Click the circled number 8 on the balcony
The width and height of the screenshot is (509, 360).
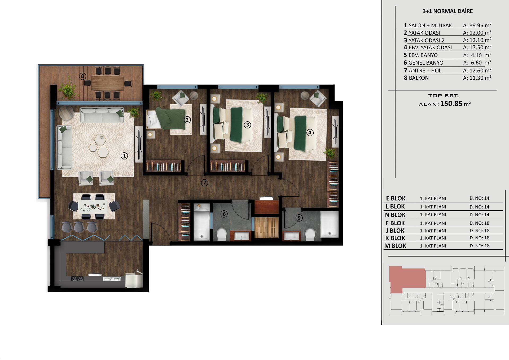tap(82, 76)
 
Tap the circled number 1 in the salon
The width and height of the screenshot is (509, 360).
tap(124, 156)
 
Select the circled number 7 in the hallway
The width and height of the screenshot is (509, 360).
tap(204, 183)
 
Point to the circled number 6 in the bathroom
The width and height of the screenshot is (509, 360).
tap(224, 214)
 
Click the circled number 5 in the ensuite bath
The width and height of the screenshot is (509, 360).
tap(299, 218)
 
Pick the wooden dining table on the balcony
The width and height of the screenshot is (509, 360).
tap(108, 83)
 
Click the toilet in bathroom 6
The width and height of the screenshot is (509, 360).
tap(221, 235)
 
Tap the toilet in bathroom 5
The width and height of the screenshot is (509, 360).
tap(310, 235)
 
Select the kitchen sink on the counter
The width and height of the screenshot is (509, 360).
tap(112, 279)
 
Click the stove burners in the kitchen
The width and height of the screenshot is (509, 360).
tap(77, 279)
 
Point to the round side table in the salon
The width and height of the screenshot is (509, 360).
tap(66, 112)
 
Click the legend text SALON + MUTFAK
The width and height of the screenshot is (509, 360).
tap(430, 25)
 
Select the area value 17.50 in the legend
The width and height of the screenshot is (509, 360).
tap(476, 47)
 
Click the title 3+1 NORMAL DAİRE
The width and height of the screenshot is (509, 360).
tap(447, 11)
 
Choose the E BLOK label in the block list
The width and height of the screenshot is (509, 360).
tap(396, 198)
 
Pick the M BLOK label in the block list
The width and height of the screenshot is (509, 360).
tap(395, 246)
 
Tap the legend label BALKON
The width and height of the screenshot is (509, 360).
tap(419, 78)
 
